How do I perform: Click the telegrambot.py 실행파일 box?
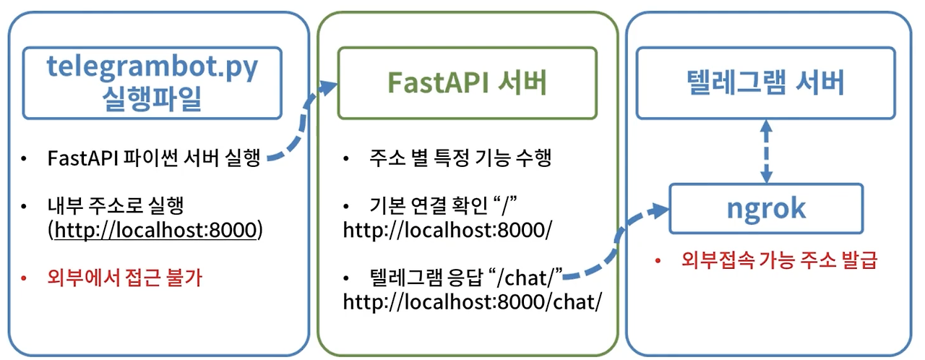click(152, 83)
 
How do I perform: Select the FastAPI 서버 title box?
click(468, 83)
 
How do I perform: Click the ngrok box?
click(766, 208)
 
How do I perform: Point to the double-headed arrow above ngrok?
click(767, 151)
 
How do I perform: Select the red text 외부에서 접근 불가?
click(124, 278)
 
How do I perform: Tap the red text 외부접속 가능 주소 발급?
click(779, 260)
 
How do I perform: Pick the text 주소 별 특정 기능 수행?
click(460, 159)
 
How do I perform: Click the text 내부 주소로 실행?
click(116, 206)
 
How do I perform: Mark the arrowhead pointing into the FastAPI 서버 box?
click(329, 87)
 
